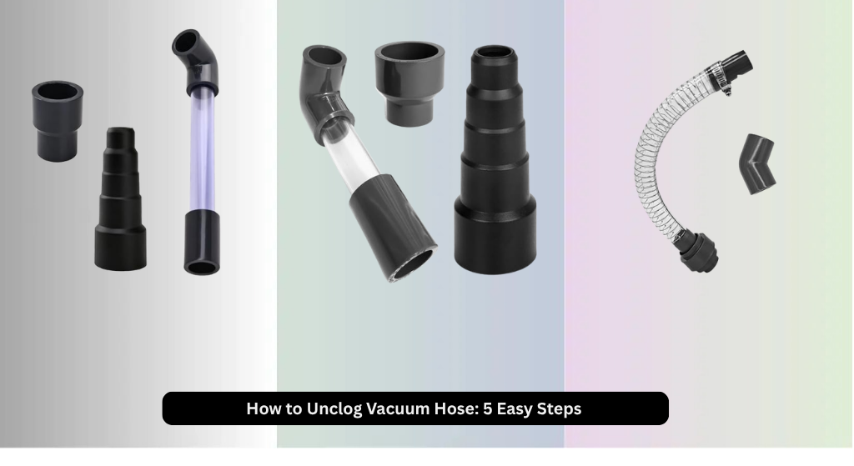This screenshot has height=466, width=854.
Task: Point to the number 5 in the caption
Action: (487, 408)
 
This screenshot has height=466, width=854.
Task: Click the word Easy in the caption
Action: (514, 408)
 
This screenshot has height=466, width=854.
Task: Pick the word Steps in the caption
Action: (560, 408)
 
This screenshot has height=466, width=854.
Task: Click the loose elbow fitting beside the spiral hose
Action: (757, 164)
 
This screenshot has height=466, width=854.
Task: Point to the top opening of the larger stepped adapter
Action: (494, 53)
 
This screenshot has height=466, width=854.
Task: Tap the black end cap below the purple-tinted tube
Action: (202, 243)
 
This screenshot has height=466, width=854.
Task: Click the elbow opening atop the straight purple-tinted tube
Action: (186, 43)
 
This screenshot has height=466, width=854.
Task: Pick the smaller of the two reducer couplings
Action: (57, 121)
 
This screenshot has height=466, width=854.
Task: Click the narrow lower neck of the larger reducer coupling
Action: (409, 113)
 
